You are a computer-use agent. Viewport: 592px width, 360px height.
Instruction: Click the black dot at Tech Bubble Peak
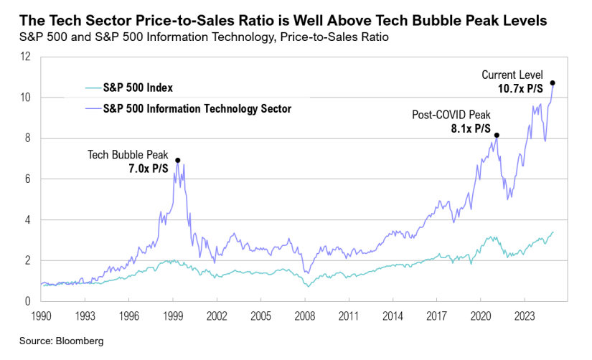(x=177, y=160)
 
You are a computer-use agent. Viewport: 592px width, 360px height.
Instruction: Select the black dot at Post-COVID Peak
(x=497, y=135)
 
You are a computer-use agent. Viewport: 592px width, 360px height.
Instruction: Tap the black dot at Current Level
(x=552, y=83)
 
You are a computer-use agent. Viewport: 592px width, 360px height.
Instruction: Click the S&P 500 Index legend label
(x=139, y=88)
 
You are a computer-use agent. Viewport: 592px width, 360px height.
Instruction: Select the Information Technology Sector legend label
(x=197, y=108)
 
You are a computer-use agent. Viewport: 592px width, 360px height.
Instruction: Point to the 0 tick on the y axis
(x=28, y=302)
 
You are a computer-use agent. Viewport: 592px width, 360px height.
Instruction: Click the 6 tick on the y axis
(x=28, y=179)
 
